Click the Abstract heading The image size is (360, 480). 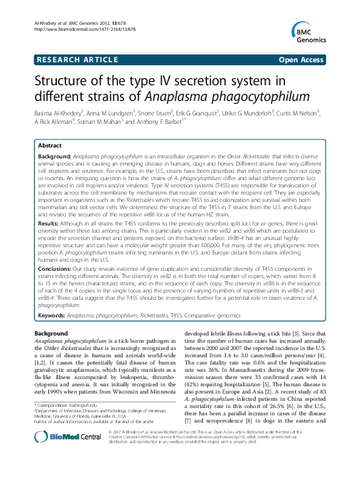[50, 146]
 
